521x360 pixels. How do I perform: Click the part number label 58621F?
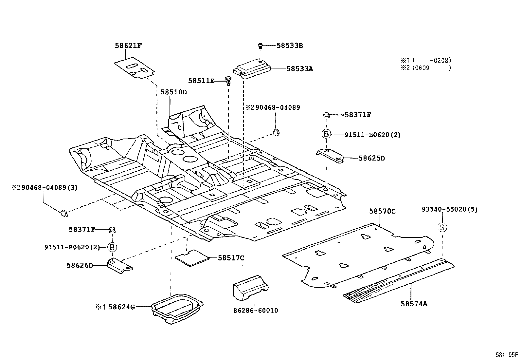click(x=128, y=46)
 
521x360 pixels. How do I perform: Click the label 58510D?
click(x=173, y=92)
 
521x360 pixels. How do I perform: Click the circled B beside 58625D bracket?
click(x=326, y=134)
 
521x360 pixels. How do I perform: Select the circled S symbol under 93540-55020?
click(x=442, y=227)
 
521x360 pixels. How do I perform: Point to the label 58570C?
click(x=382, y=211)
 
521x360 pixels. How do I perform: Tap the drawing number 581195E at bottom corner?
click(x=507, y=354)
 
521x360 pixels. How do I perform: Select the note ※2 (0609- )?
click(x=426, y=68)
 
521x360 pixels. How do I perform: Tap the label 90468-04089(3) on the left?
click(x=44, y=188)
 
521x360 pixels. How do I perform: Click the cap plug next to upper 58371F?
click(x=326, y=115)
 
